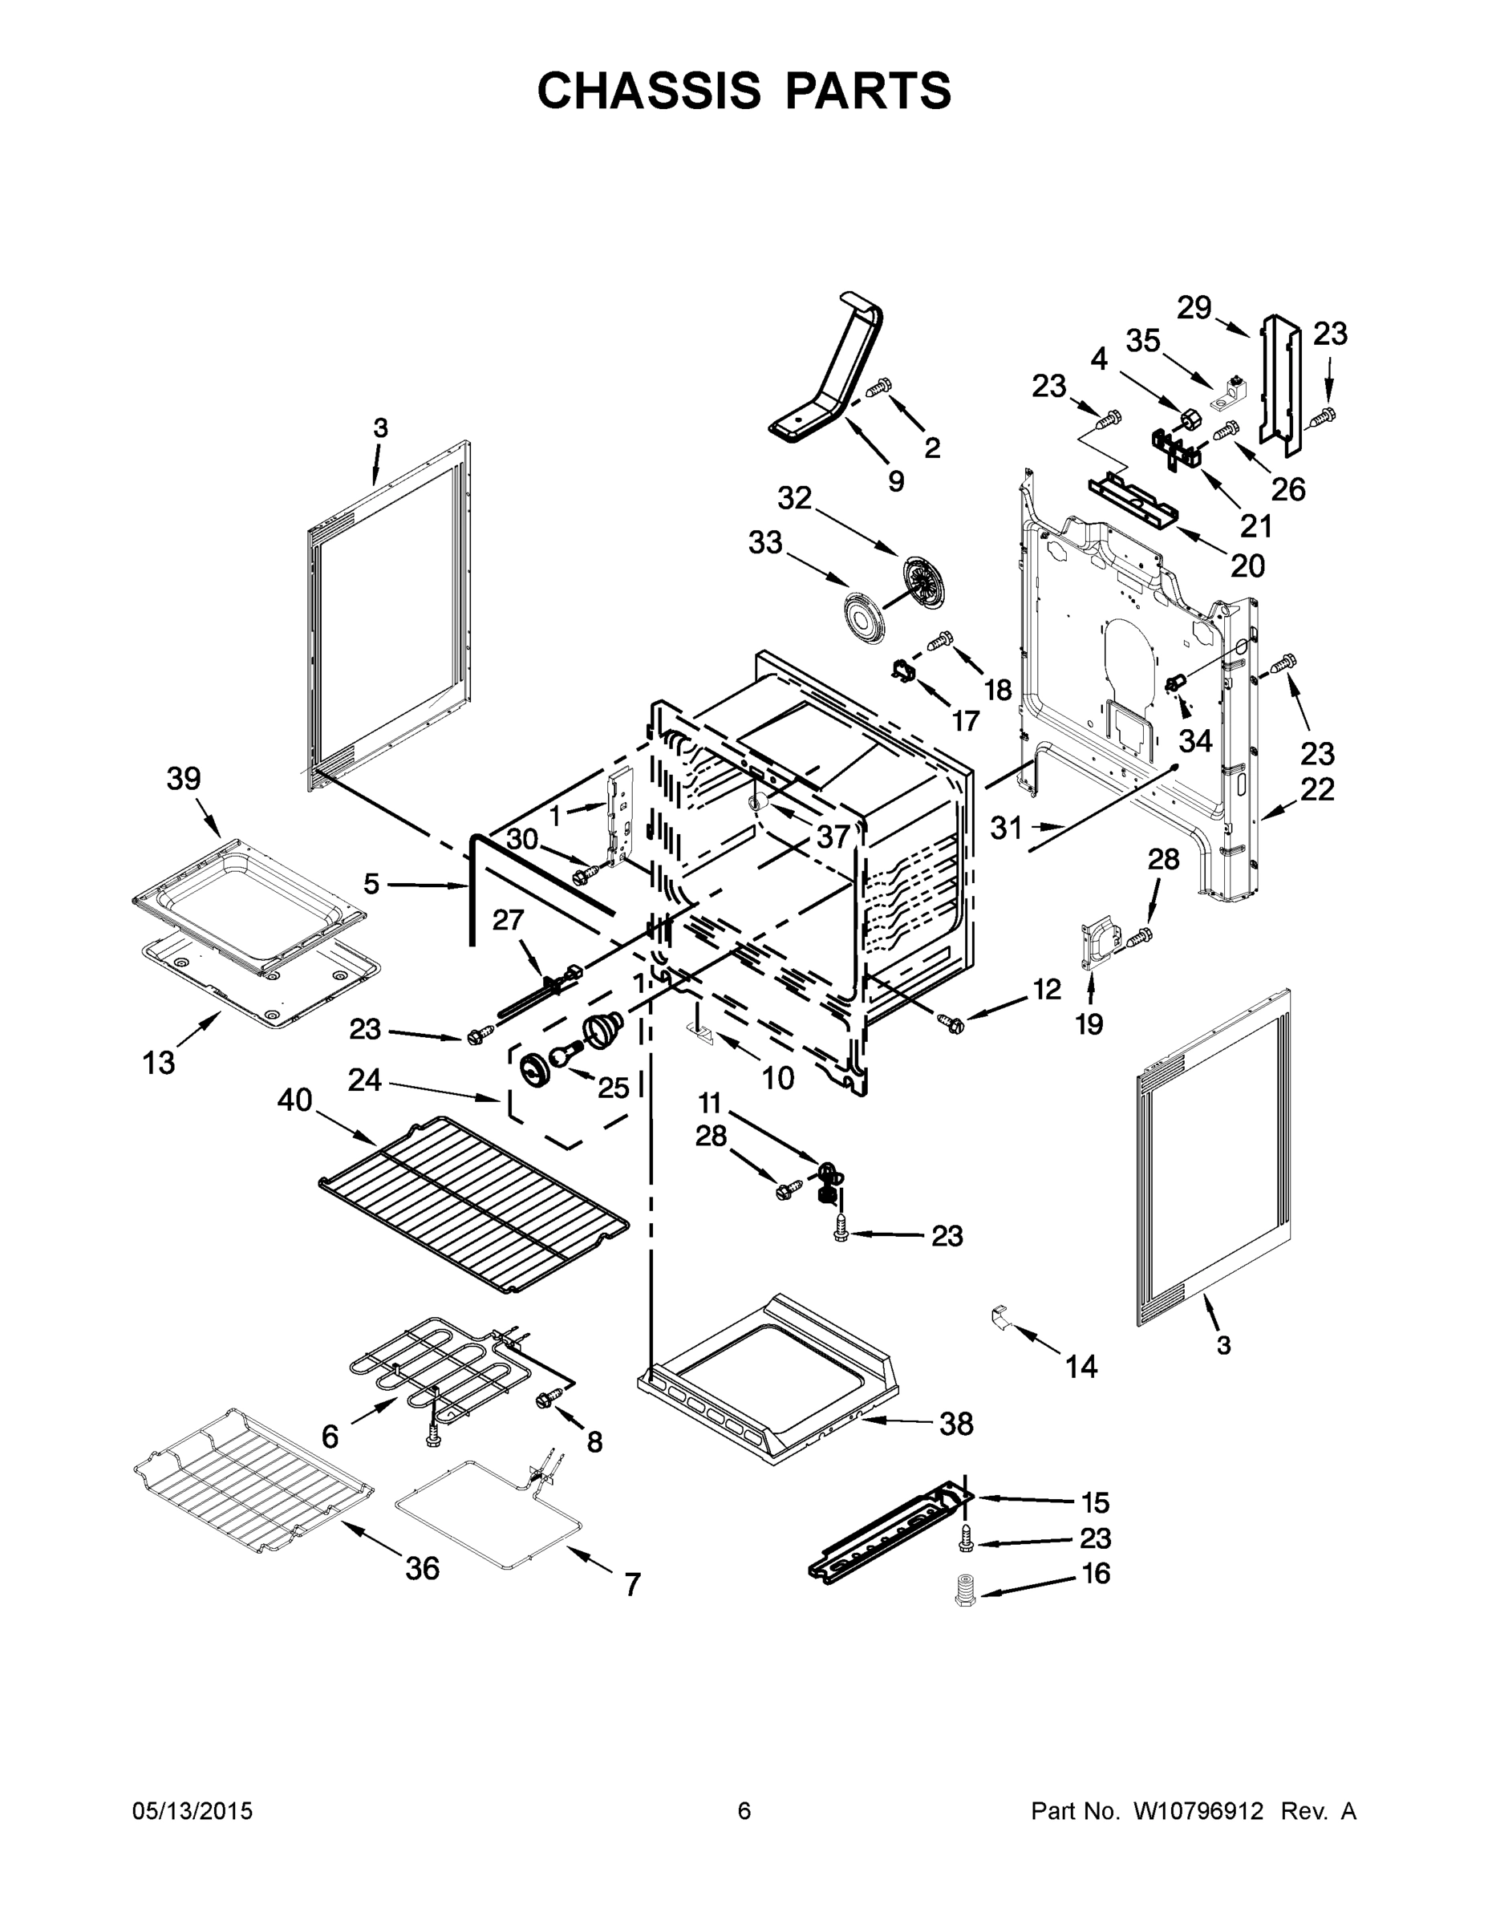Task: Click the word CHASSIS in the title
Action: pyautogui.click(x=649, y=91)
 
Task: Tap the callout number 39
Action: pyautogui.click(x=184, y=779)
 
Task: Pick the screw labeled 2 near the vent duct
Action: pyautogui.click(x=879, y=387)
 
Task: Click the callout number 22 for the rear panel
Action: pyautogui.click(x=1317, y=789)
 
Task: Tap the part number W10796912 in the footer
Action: pyautogui.click(x=1199, y=1811)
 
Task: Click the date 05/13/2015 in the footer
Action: pyautogui.click(x=193, y=1811)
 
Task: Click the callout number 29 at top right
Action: pyautogui.click(x=1194, y=308)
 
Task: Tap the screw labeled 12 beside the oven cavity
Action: pyautogui.click(x=952, y=1024)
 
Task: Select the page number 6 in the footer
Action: pyautogui.click(x=744, y=1811)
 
